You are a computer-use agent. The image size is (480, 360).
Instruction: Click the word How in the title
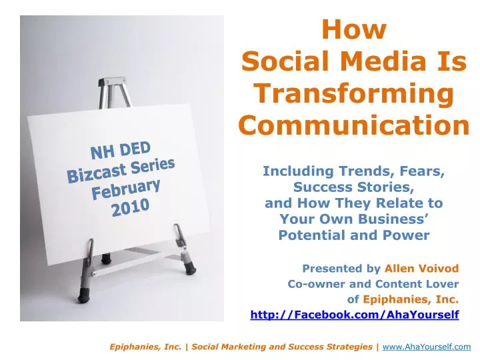pos(354,30)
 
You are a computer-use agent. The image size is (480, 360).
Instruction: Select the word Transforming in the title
pos(354,93)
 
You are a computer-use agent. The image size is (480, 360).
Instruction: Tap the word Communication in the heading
pos(354,125)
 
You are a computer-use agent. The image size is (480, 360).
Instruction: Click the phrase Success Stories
pos(354,187)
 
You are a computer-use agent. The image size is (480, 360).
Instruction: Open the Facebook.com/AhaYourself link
pos(354,315)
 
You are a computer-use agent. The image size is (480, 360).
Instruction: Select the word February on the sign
pos(126,189)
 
